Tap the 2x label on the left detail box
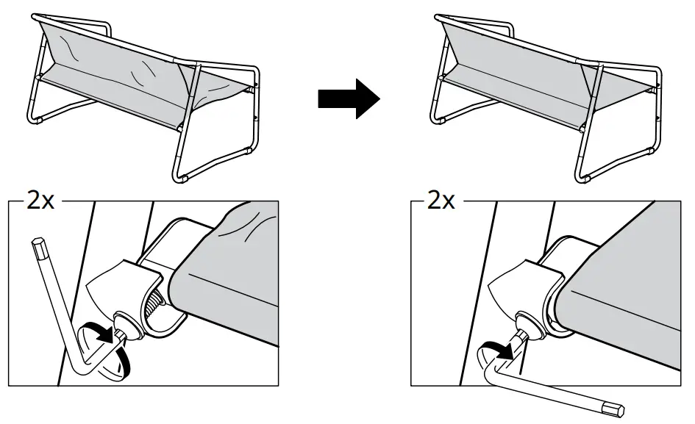pos(40,201)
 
